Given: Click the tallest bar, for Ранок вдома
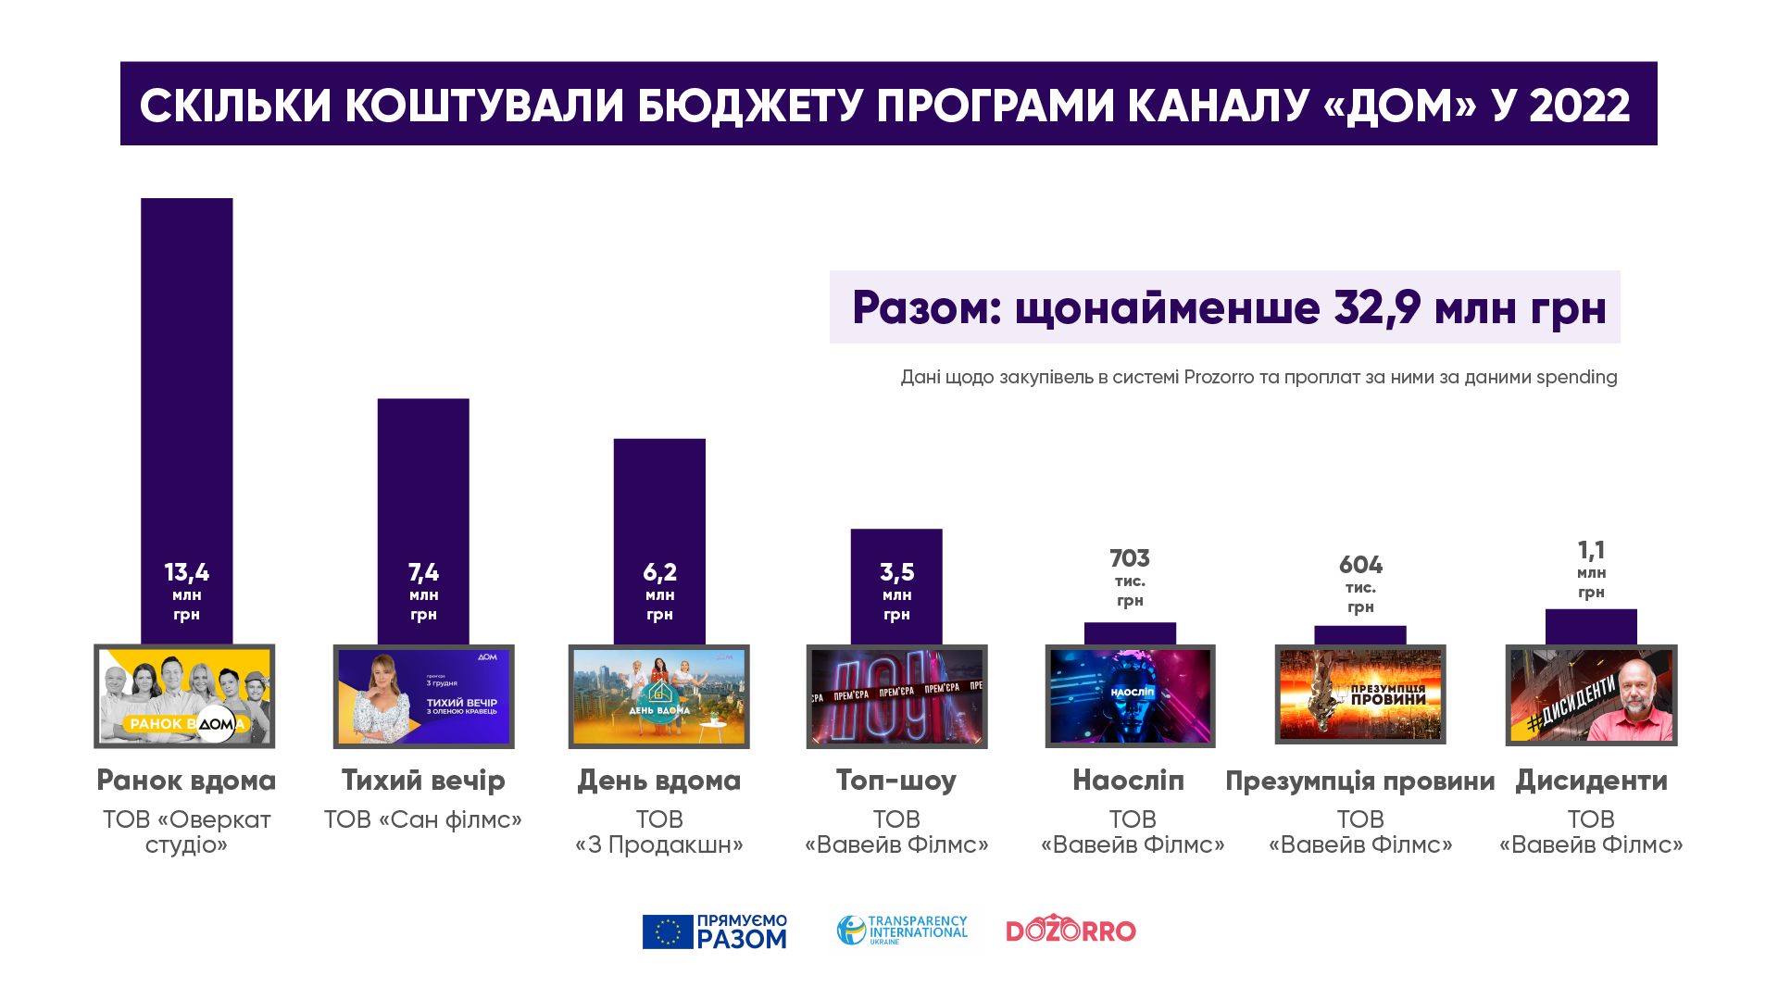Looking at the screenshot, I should (186, 370).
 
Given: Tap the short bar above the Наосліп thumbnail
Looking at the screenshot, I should (1130, 633).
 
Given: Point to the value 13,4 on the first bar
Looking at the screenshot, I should (186, 572).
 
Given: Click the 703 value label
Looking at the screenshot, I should (1130, 558).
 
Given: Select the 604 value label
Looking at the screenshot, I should (1360, 565).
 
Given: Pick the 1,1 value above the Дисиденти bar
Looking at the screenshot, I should (1591, 551).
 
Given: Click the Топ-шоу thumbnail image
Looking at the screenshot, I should (896, 696).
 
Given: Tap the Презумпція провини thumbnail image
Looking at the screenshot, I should (1360, 694).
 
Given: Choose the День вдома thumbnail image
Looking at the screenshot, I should (658, 696).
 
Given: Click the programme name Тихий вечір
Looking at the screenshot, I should (423, 781).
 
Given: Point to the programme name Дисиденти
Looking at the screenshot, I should (1591, 781).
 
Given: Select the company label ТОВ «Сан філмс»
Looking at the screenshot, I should (423, 819).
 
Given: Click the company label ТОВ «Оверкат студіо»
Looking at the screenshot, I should (186, 831).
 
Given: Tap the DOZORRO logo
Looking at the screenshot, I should (1071, 930).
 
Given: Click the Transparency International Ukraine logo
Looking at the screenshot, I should (901, 930).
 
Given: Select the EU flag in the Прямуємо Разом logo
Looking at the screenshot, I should (668, 931).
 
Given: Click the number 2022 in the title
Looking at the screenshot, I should (1579, 106).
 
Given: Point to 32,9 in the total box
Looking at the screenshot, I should (1377, 307).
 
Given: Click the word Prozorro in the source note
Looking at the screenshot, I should (1219, 378).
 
